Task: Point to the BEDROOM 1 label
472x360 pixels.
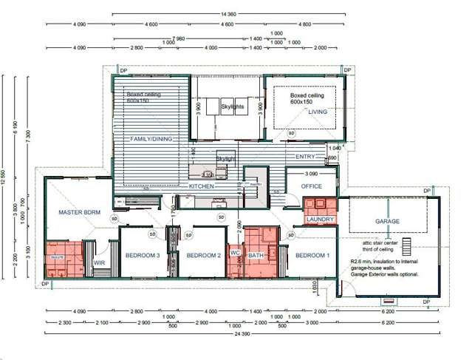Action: (x=312, y=255)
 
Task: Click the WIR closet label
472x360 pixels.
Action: (x=99, y=262)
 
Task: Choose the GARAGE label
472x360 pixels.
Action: (x=387, y=221)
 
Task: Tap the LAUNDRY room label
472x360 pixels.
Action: (x=321, y=220)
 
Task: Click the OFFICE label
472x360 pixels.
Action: (x=312, y=186)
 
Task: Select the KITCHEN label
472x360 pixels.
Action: (x=202, y=187)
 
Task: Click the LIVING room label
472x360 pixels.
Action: (x=317, y=112)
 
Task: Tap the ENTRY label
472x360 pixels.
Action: (x=304, y=157)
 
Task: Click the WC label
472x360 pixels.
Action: (x=235, y=252)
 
